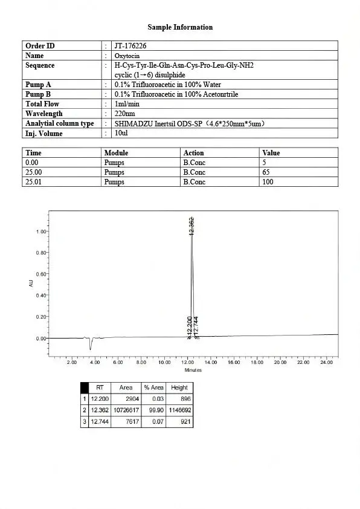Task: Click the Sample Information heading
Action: [x=180, y=27]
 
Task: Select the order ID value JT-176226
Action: [x=130, y=46]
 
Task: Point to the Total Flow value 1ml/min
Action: [x=127, y=104]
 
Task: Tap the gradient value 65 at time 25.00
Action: [x=266, y=172]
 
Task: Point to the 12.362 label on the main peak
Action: [x=192, y=225]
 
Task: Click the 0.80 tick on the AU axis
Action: [x=41, y=253]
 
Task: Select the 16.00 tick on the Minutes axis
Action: [x=234, y=362]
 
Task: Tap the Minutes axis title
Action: [x=193, y=370]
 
